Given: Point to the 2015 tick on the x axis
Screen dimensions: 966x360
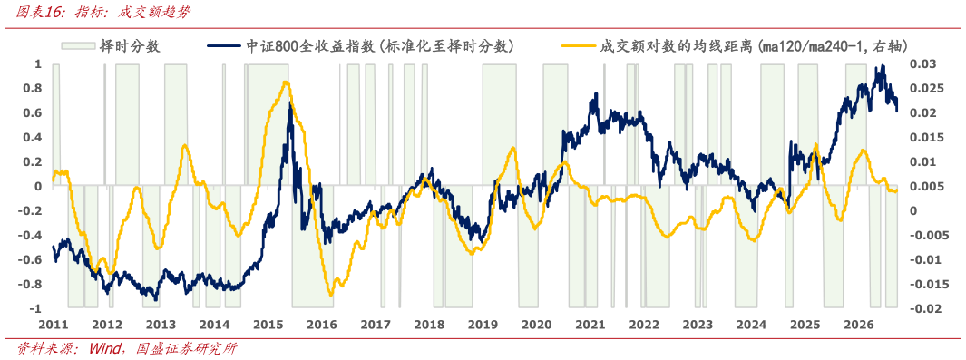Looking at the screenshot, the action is [268, 324].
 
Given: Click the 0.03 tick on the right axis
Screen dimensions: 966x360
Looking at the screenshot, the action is [920, 64].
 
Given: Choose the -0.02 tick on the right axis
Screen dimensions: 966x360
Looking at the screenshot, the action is [922, 308].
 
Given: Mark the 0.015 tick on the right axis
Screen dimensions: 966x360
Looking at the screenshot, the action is [922, 137].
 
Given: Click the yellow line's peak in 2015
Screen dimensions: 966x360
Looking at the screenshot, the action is [284, 82].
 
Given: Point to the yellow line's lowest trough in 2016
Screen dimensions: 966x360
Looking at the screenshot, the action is [331, 295].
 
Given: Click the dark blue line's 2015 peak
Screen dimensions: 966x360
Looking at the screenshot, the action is [290, 104].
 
